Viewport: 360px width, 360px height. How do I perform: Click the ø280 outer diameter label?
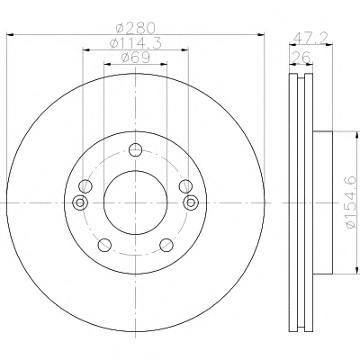(136, 29)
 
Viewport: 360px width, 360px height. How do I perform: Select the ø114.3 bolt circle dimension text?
(136, 44)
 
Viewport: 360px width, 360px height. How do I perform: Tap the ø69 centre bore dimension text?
(136, 58)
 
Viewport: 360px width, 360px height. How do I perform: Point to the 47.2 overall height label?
(310, 39)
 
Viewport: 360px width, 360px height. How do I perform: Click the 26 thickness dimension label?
(301, 58)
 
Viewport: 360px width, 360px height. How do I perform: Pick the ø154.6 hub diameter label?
(350, 202)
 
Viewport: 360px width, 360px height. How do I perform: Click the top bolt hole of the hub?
(135, 149)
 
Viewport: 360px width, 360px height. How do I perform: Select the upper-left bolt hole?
(85, 186)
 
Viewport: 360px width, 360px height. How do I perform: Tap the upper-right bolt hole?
(185, 186)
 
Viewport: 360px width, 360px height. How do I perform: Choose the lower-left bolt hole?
(104, 245)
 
